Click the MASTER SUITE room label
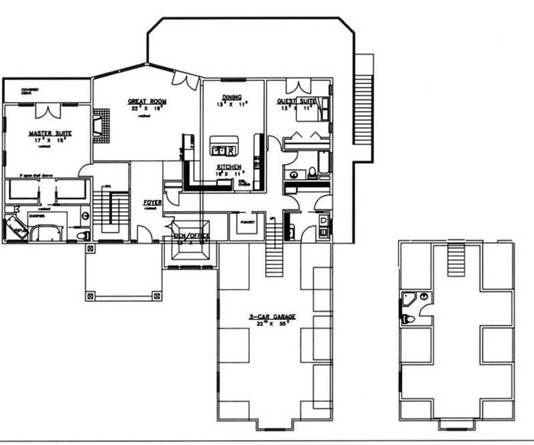coord(50,134)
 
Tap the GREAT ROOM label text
coord(147,102)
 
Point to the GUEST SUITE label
coord(296,102)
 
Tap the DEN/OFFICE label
coord(192,235)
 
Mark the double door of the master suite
coord(47,111)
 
